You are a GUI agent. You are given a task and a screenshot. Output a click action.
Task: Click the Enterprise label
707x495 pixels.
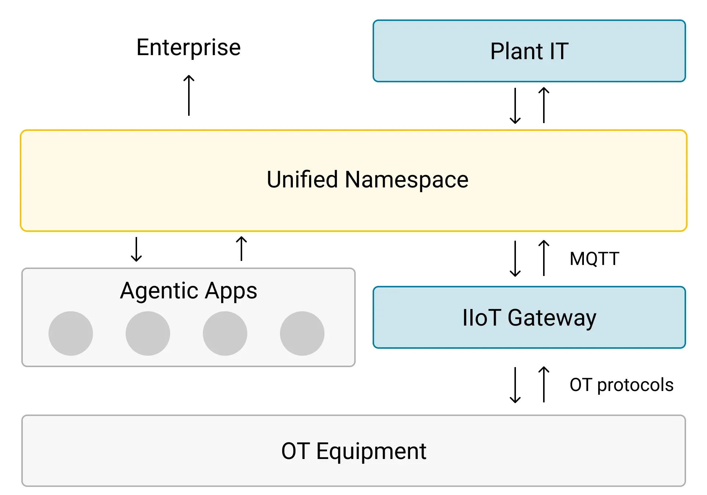[x=189, y=47]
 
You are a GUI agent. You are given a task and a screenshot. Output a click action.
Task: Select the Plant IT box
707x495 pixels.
[x=529, y=51]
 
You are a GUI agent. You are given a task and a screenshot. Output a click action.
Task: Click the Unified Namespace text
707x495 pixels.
[x=367, y=180]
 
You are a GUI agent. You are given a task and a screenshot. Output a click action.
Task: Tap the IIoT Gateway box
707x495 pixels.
[x=529, y=317]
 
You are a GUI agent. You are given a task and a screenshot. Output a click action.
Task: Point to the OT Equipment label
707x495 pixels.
[x=353, y=451]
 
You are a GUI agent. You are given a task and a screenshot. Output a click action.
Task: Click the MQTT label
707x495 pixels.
[x=594, y=258]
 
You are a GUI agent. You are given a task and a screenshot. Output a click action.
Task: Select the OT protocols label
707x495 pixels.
[x=621, y=385]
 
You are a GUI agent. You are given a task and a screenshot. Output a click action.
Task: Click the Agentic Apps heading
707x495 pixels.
[x=189, y=291]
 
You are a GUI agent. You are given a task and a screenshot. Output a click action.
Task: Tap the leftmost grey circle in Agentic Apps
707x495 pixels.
[x=71, y=333]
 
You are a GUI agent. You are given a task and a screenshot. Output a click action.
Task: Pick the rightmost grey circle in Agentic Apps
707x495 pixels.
[x=302, y=333]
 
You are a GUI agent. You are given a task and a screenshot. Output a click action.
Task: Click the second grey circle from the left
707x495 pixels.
[x=148, y=333]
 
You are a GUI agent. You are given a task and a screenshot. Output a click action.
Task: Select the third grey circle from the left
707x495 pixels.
[x=225, y=333]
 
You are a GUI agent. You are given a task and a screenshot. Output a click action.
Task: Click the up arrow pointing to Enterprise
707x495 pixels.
[x=189, y=95]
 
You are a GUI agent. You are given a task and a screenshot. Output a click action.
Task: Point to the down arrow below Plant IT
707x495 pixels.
[x=515, y=105]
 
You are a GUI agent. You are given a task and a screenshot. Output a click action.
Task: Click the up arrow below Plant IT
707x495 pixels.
[x=544, y=105]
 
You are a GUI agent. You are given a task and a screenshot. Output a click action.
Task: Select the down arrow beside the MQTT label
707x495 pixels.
[x=515, y=258]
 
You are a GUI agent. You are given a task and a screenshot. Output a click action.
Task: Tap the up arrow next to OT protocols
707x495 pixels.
[x=544, y=384]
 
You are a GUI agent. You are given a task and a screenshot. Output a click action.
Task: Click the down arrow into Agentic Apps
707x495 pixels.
[x=136, y=249]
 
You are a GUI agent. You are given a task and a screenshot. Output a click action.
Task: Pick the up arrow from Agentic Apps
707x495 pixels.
[x=241, y=248]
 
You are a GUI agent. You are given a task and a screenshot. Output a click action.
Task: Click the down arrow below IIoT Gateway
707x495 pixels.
[x=515, y=385]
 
